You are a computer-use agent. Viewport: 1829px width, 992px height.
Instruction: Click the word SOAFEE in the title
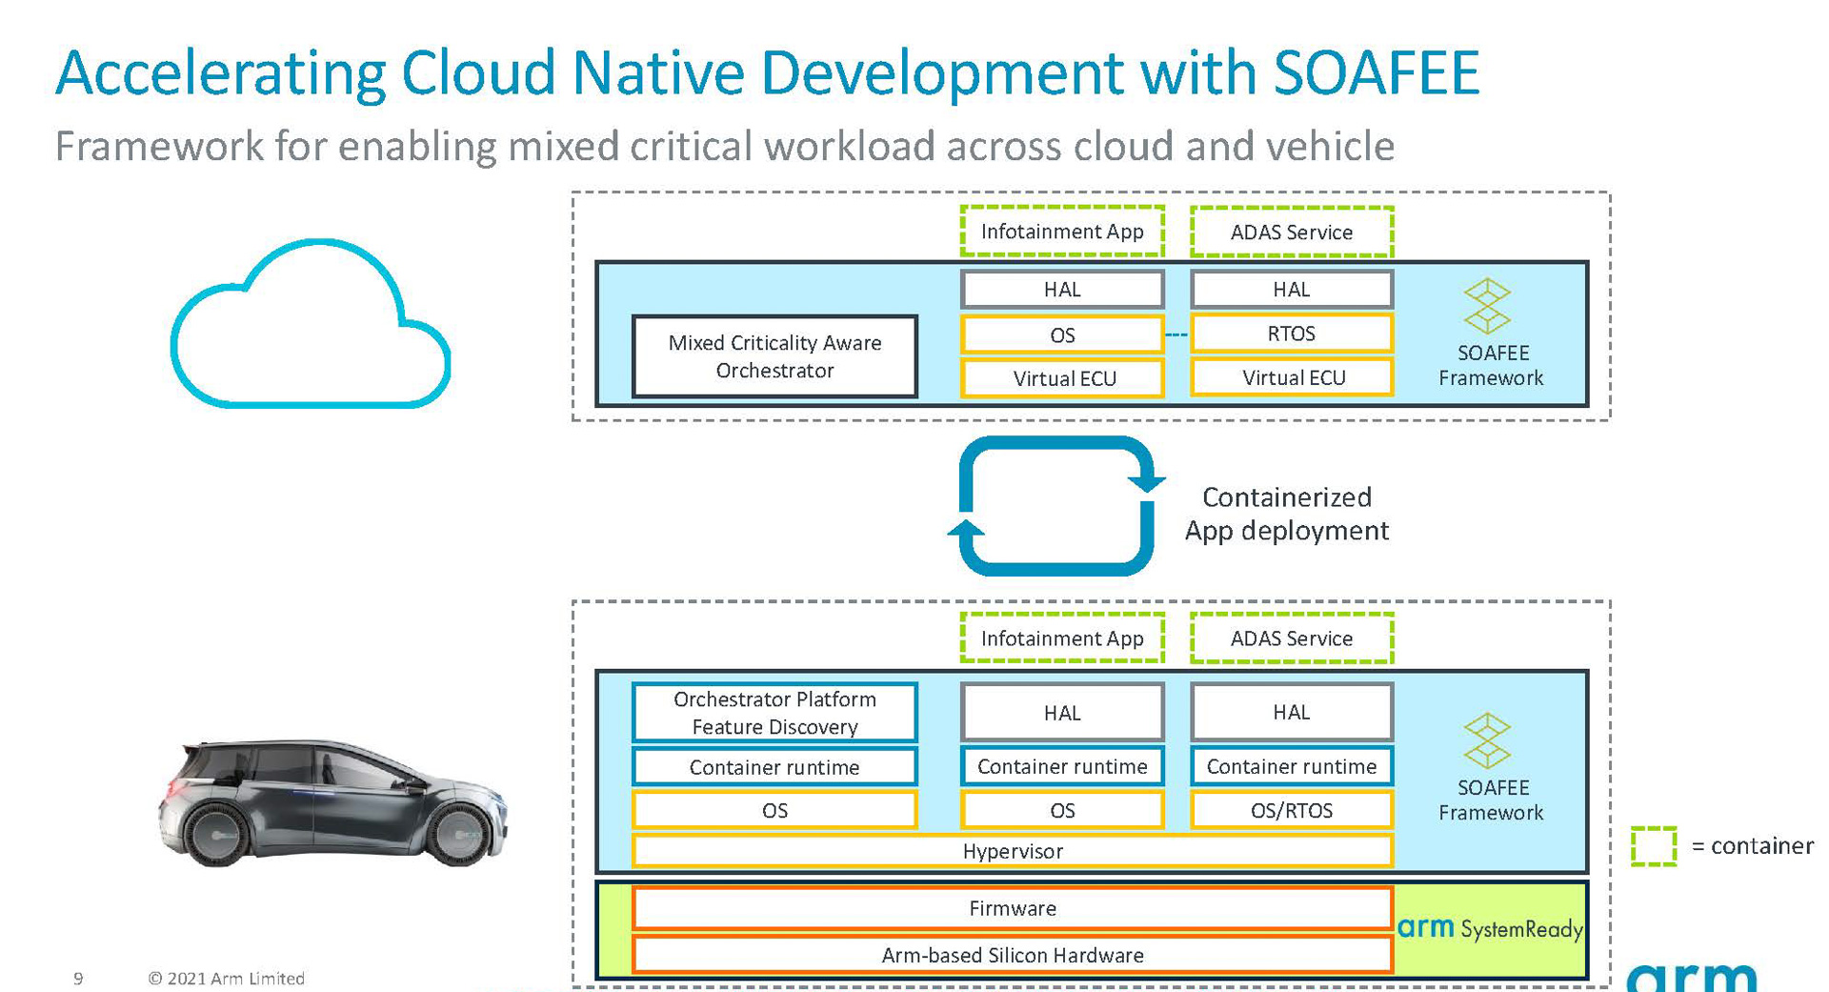coord(1376,72)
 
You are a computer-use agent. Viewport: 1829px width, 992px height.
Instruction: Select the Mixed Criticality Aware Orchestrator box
coord(774,356)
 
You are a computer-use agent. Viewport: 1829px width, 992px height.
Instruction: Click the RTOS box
coord(1291,334)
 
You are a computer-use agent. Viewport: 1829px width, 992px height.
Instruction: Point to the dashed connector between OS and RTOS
coord(1177,334)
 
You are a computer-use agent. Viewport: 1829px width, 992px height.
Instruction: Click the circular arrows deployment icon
coord(1055,505)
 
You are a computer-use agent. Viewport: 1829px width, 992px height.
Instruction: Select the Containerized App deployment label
coord(1286,514)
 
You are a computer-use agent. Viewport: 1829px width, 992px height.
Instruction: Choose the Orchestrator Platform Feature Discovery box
coord(774,713)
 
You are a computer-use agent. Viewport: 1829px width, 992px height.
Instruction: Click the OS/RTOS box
coord(1291,810)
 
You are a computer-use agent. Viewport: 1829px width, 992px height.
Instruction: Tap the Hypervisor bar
coord(1012,851)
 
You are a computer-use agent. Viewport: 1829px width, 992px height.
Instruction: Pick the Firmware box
coord(1012,908)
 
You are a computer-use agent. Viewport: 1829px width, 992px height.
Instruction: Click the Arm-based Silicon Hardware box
coord(1012,955)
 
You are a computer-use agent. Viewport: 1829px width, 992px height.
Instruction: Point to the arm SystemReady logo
coord(1489,928)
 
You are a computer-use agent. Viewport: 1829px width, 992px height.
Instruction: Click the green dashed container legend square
coord(1653,846)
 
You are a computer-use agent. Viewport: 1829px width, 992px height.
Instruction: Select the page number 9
coord(78,979)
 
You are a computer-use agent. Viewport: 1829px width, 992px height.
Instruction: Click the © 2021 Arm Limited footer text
coord(226,979)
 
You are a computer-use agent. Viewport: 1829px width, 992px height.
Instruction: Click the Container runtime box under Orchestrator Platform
coord(774,767)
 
